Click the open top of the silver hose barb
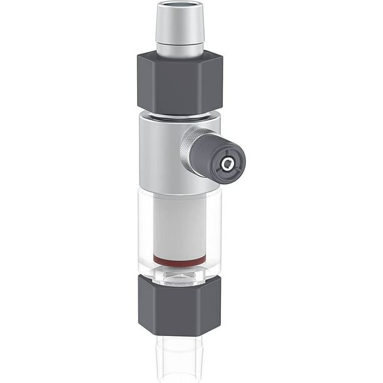(180, 6)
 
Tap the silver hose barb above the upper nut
(180, 28)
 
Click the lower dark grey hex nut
(180, 307)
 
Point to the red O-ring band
(180, 259)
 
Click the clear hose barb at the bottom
(180, 357)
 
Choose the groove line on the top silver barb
(180, 43)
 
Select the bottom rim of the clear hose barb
(180, 379)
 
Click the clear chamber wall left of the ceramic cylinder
(145, 232)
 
